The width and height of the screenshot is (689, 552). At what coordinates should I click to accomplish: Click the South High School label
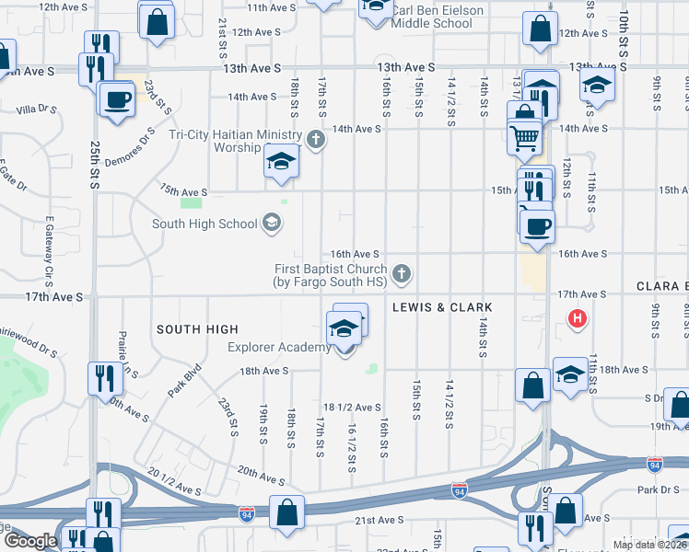[x=204, y=224]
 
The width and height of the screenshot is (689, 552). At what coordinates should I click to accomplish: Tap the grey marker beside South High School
[x=272, y=223]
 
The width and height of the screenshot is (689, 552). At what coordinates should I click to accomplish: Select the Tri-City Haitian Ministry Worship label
[x=236, y=141]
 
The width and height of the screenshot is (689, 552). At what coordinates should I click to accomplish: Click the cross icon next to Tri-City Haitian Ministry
[x=316, y=140]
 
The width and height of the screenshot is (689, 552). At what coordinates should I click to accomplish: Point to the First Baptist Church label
[x=330, y=275]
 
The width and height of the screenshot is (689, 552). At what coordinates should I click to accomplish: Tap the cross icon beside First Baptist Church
[x=401, y=272]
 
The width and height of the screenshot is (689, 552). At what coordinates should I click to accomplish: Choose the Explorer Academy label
[x=279, y=347]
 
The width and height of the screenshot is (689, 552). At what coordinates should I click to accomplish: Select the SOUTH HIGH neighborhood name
[x=197, y=329]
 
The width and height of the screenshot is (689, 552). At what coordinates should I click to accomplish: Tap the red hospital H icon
[x=577, y=319]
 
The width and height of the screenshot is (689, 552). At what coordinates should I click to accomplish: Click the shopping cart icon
[x=523, y=138]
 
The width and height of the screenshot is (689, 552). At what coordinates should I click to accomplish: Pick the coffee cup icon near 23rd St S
[x=117, y=99]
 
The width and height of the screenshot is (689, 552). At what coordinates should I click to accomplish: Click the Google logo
[x=30, y=541]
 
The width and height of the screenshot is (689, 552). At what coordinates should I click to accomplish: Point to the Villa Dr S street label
[x=37, y=109]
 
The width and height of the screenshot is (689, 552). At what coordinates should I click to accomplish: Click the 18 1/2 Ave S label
[x=352, y=407]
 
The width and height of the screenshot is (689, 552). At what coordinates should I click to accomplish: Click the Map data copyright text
[x=647, y=545]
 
